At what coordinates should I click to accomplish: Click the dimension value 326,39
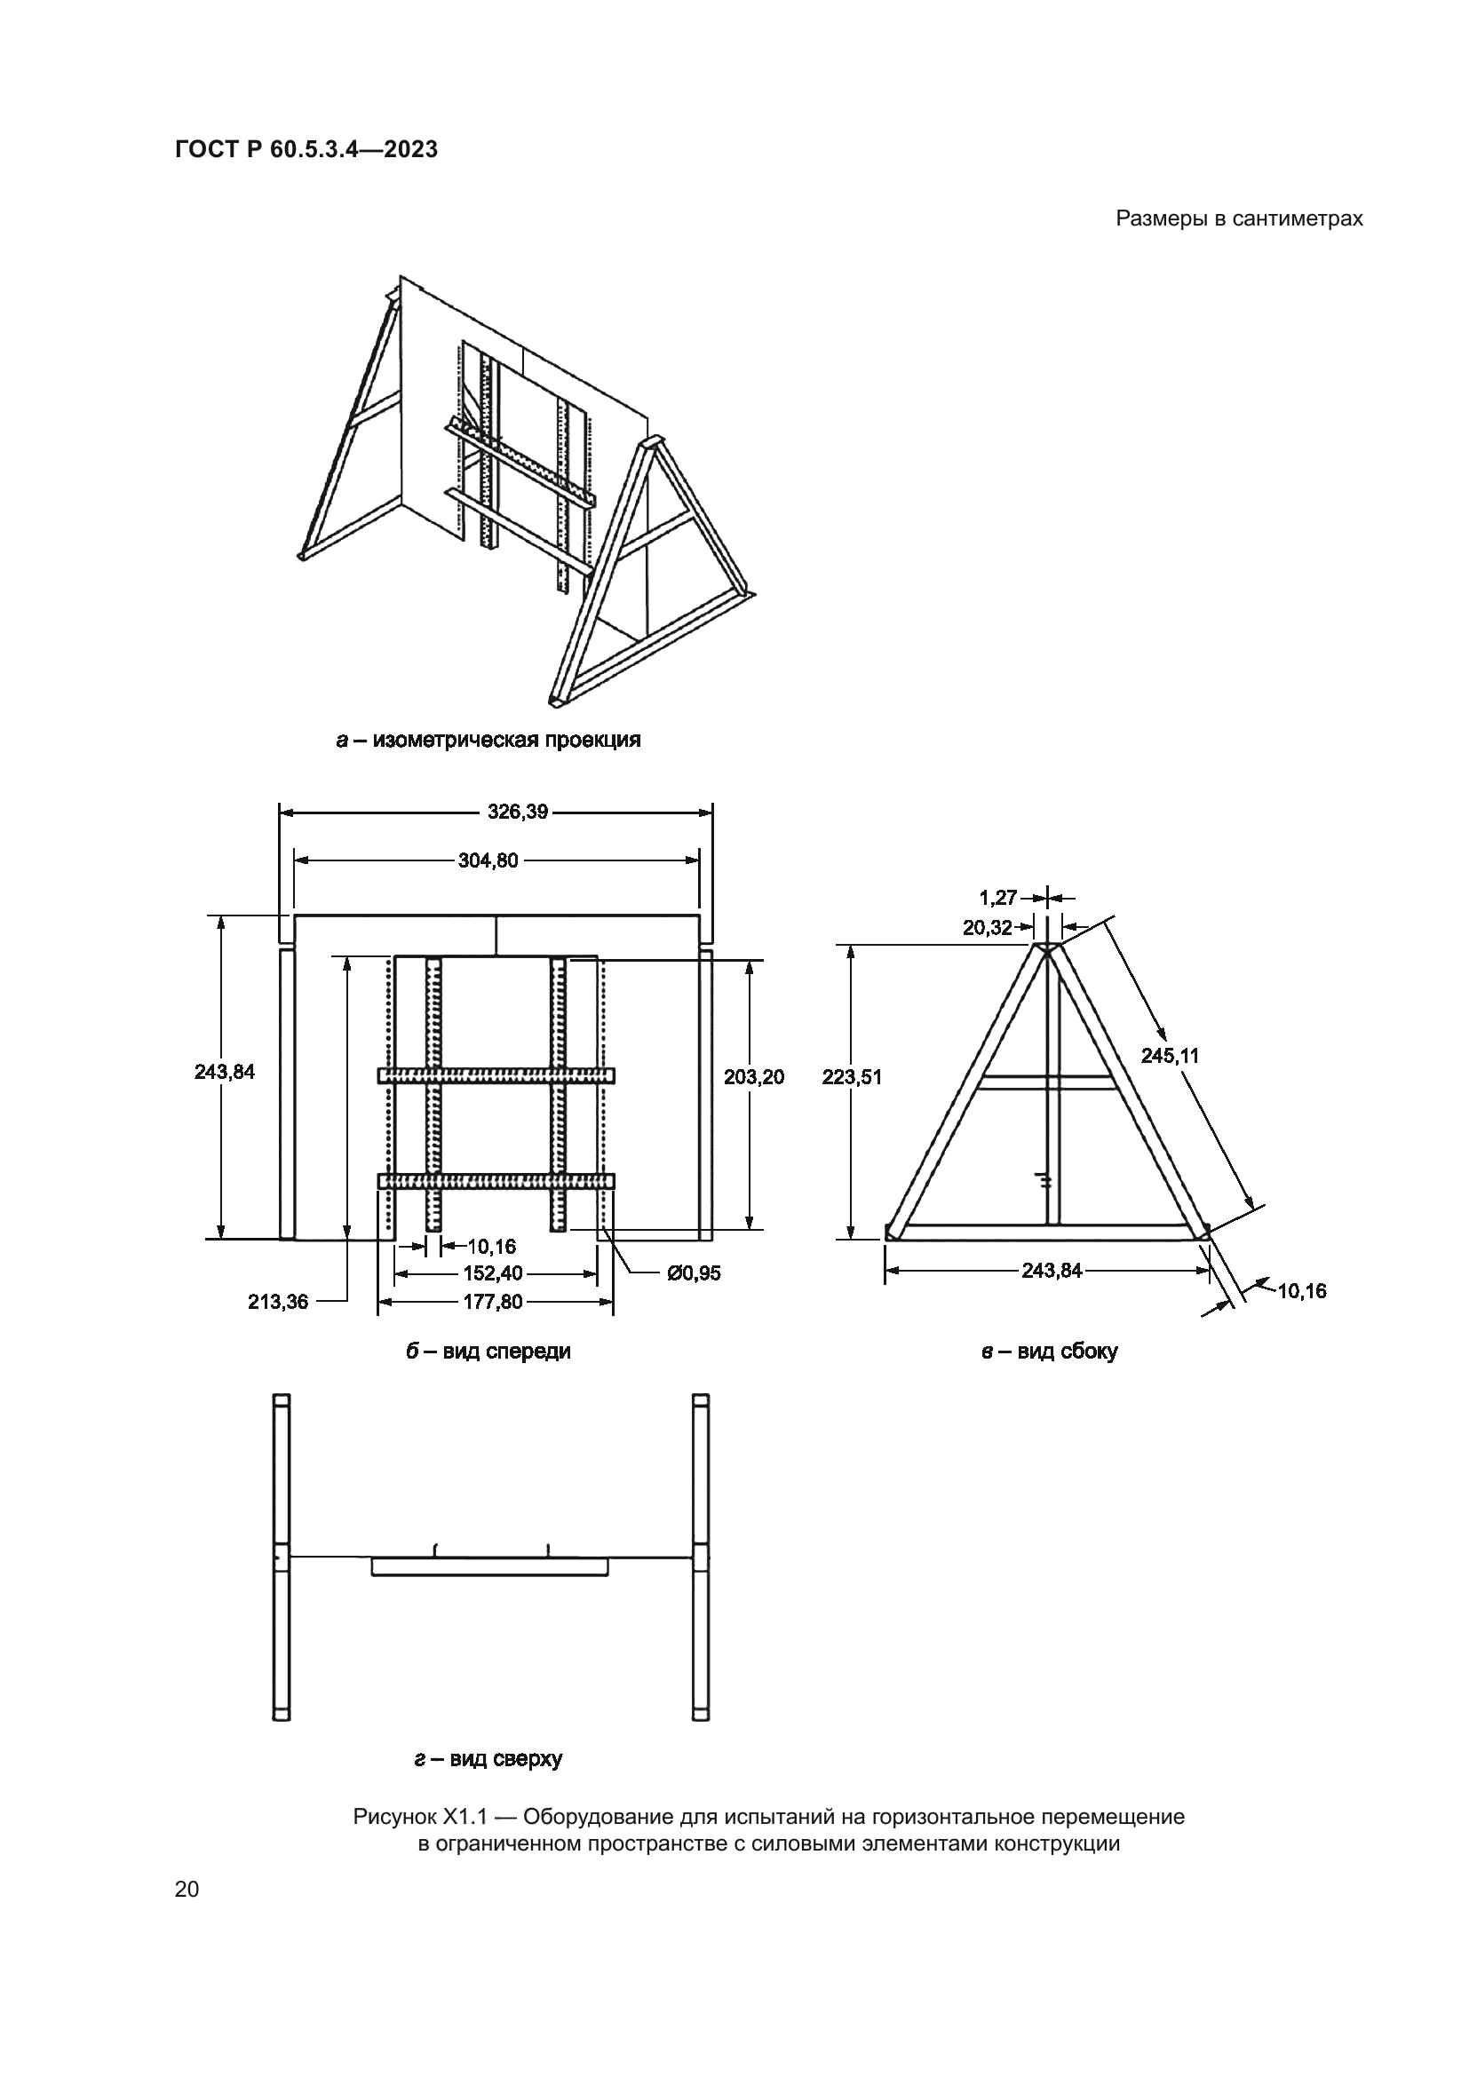coord(519,812)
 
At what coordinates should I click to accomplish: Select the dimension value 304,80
coord(488,860)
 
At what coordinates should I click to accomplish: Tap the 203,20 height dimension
coord(753,1076)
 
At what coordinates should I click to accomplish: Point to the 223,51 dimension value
coord(852,1076)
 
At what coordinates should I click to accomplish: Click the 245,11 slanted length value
coord(1170,1055)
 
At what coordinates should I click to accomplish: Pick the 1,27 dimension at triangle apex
coord(998,899)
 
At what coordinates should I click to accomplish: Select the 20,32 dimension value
coord(988,927)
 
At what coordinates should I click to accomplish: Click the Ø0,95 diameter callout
coord(694,1273)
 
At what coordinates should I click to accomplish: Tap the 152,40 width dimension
coord(493,1273)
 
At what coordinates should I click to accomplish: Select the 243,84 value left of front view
coord(225,1072)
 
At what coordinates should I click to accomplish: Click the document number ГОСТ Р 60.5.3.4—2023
coord(306,149)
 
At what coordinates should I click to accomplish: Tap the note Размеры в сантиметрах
coord(1239,219)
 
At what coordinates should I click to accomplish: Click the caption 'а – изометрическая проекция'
coord(488,740)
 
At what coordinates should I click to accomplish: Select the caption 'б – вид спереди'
coord(488,1352)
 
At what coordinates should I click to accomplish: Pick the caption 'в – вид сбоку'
coord(1049,1352)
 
